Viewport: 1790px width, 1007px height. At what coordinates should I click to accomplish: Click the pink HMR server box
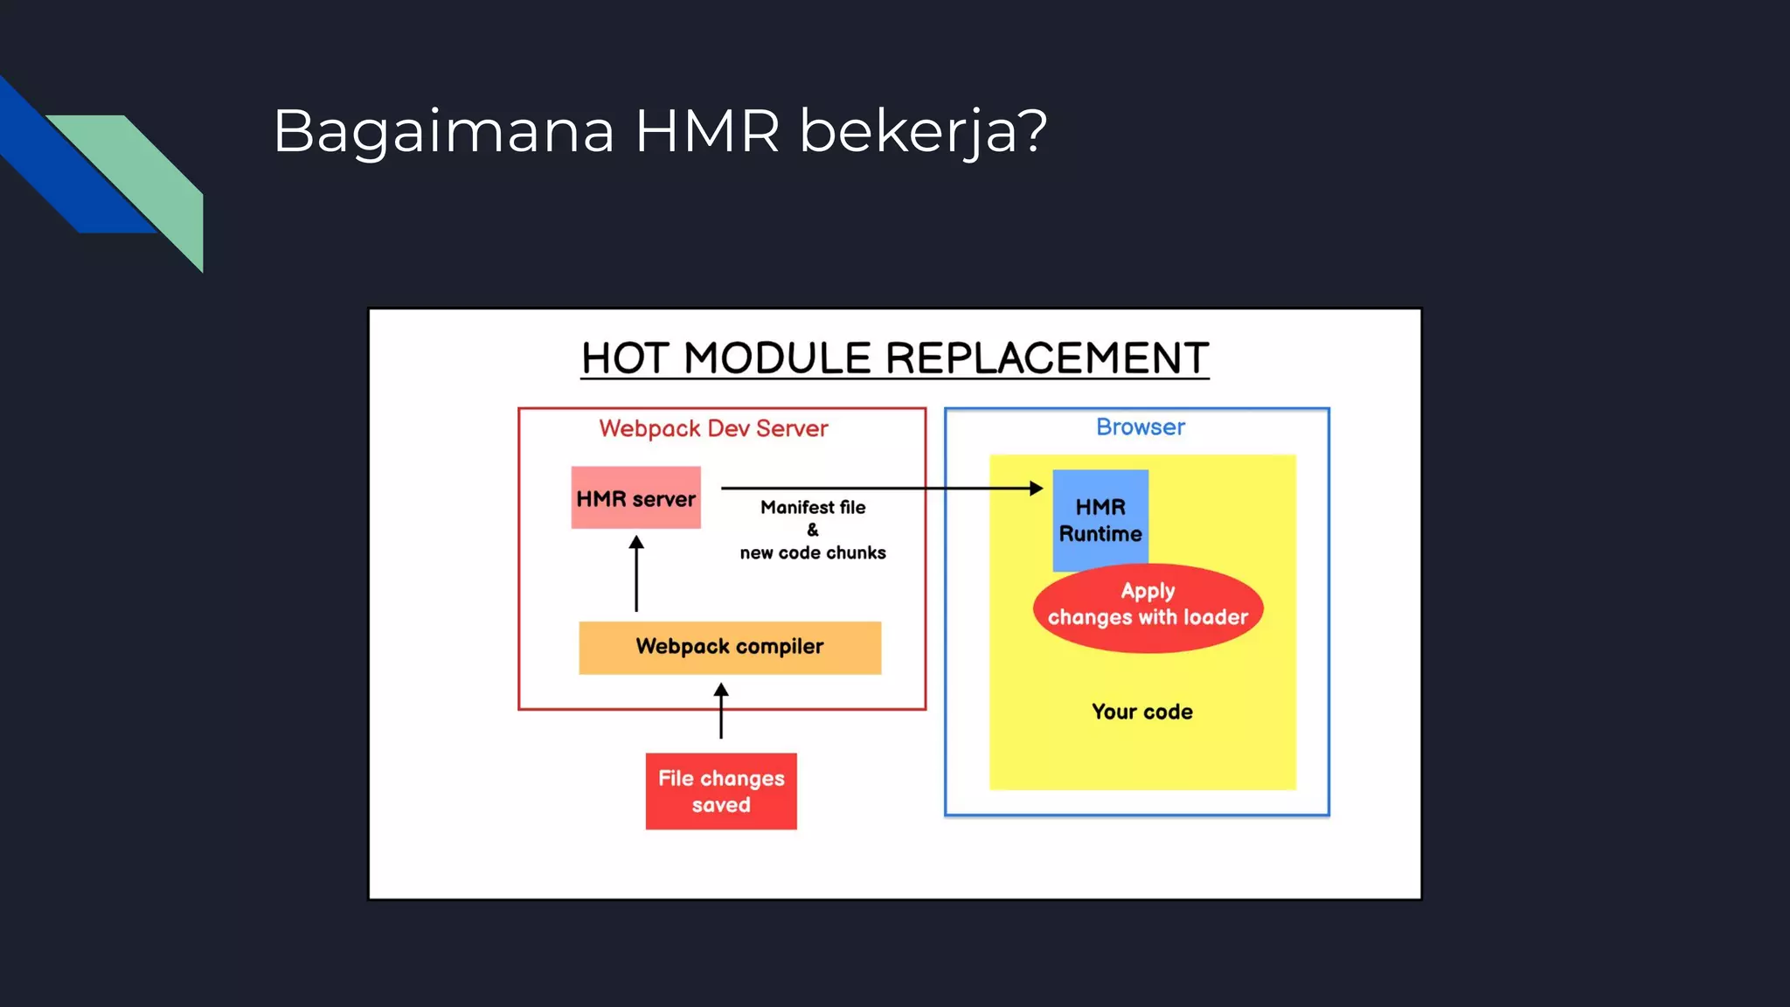tap(635, 498)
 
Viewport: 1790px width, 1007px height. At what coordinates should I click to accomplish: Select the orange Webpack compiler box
tap(730, 648)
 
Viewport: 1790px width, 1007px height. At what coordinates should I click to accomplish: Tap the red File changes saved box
tap(721, 791)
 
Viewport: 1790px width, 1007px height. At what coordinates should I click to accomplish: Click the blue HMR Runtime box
tap(1100, 519)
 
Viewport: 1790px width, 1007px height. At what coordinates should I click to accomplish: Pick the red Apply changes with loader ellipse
tap(1148, 609)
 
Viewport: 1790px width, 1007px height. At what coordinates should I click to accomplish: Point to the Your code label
tap(1141, 712)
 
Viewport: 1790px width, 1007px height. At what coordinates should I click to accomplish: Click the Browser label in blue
tap(1141, 427)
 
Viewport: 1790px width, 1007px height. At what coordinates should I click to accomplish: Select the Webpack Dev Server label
tap(713, 428)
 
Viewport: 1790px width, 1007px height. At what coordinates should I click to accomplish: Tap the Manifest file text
tap(813, 507)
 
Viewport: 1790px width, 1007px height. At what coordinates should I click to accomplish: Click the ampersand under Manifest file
tap(813, 530)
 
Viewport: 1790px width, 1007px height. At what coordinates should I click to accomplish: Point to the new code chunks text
tap(813, 552)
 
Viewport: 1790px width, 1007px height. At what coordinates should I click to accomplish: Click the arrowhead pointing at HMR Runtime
tap(1036, 488)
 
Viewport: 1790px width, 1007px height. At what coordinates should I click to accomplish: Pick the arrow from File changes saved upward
tap(721, 712)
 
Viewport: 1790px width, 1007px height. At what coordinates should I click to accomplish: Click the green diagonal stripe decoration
tap(149, 175)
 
